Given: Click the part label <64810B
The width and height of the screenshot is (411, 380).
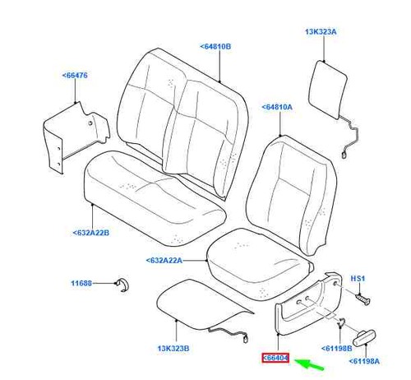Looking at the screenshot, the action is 215,47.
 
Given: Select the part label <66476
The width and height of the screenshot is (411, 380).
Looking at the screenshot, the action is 75,75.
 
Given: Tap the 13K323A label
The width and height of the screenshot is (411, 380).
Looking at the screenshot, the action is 321,32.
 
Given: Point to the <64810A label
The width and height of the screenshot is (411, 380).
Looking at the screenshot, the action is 277,107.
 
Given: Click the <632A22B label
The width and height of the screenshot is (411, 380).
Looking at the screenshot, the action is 90,233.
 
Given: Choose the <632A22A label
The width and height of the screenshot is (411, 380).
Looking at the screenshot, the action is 164,260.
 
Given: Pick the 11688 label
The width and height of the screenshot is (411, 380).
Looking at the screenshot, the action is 81,283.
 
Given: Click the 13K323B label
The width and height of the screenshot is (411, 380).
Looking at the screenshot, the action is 173,349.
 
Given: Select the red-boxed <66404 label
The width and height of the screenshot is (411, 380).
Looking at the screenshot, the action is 275,358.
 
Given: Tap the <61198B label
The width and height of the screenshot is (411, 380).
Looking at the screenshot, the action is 336,348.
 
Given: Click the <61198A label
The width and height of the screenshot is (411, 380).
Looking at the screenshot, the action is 364,361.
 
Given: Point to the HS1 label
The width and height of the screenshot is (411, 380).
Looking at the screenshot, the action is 358,279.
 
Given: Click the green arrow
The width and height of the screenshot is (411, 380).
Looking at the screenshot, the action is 309,364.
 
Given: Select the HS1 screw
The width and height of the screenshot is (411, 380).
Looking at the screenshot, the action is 363,299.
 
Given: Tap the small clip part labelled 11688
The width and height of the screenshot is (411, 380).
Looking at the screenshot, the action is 122,285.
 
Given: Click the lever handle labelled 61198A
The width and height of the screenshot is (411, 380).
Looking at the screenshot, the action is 363,338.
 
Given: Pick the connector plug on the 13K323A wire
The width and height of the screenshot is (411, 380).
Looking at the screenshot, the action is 344,155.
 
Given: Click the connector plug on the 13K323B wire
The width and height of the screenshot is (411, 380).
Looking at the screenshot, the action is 246,339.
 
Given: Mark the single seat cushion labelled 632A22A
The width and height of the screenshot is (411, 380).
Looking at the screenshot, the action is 259,263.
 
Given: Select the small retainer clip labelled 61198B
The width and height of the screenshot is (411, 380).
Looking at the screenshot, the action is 341,322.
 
